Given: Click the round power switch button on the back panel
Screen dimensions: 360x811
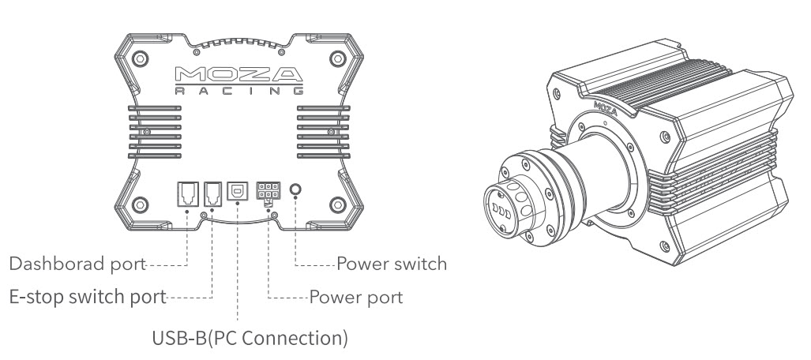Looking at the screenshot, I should [296, 190].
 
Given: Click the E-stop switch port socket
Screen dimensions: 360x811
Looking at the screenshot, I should [211, 192].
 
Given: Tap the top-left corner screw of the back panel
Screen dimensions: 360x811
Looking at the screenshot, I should [141, 59].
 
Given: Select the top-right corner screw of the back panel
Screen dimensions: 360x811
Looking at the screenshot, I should [335, 59].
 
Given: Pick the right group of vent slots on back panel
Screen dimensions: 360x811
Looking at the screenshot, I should [323, 126].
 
